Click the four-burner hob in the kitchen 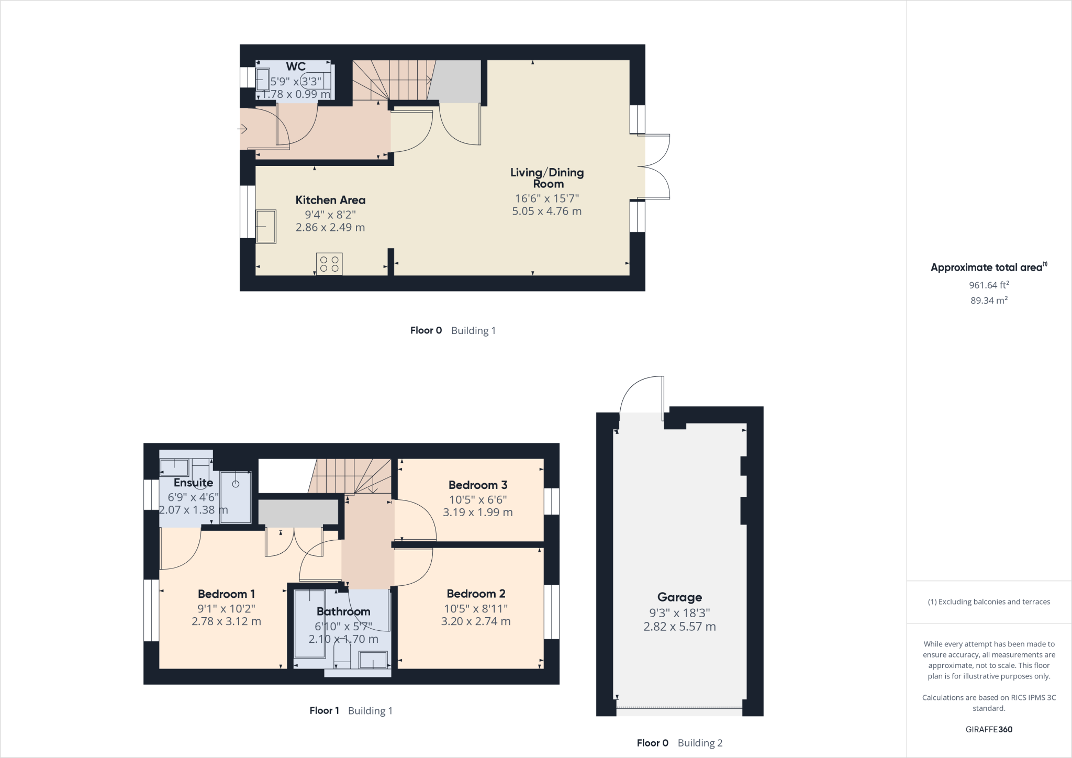[x=329, y=264]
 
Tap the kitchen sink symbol [x=266, y=227]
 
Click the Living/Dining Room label [x=547, y=178]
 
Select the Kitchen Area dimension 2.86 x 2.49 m [x=330, y=228]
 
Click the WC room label [x=296, y=67]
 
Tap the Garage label [x=679, y=597]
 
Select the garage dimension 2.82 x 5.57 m [x=679, y=627]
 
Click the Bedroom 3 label [x=477, y=485]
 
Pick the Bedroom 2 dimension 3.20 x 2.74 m [x=475, y=621]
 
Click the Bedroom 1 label [x=226, y=594]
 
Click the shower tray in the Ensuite [x=236, y=496]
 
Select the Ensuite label [x=193, y=483]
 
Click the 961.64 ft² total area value [x=989, y=285]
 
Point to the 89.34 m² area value [x=989, y=300]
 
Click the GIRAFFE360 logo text [x=989, y=729]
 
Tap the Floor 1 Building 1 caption [x=351, y=711]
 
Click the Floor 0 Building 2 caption [x=679, y=743]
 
